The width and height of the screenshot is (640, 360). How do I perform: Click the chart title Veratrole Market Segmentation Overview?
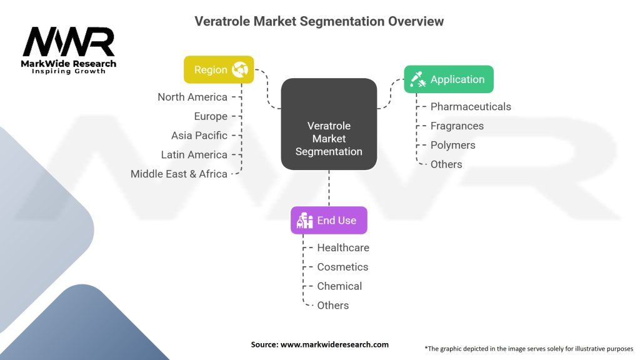point(319,21)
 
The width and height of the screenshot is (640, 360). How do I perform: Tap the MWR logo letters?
point(69,42)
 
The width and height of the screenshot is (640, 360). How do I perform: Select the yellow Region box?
point(219,69)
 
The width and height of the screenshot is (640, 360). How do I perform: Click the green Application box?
point(448,79)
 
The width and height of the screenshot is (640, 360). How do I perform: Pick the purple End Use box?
point(329,220)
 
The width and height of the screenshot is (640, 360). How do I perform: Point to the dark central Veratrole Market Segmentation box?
point(329,124)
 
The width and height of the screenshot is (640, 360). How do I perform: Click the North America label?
point(192,97)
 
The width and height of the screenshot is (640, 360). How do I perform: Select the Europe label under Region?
point(211,116)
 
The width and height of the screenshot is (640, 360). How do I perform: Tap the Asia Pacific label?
point(199,136)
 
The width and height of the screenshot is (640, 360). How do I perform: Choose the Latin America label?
point(194,154)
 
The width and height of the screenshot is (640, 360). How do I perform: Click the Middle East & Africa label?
point(179,174)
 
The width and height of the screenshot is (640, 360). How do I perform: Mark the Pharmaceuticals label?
point(471,107)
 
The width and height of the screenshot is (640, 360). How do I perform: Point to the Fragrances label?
point(457,126)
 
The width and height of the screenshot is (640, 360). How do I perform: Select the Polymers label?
point(452,145)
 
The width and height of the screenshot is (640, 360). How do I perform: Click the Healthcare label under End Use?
point(343,247)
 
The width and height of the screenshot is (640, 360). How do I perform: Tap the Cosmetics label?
point(342,267)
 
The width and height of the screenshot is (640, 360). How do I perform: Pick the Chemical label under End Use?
point(339,286)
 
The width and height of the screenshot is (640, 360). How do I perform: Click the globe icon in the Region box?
point(240,69)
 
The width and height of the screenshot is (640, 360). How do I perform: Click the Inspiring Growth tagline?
point(69,71)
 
